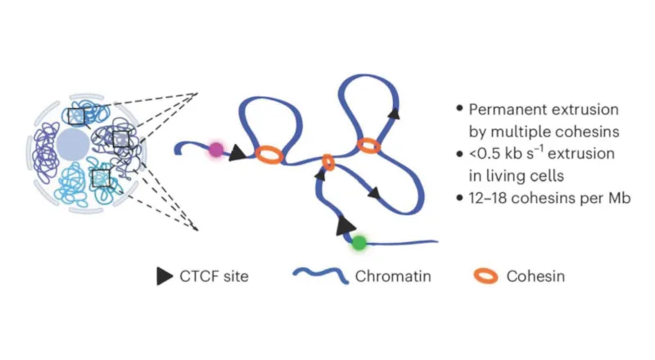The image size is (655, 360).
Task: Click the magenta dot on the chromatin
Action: point(215,150)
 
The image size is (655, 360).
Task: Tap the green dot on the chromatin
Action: point(359,242)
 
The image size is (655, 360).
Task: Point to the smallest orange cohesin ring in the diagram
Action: point(328,162)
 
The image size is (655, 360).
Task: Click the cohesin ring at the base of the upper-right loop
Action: point(368,146)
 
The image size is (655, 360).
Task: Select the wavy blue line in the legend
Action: point(320,277)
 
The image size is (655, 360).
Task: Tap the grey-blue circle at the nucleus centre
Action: point(74,146)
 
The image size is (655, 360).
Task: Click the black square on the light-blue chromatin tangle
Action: point(101,178)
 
